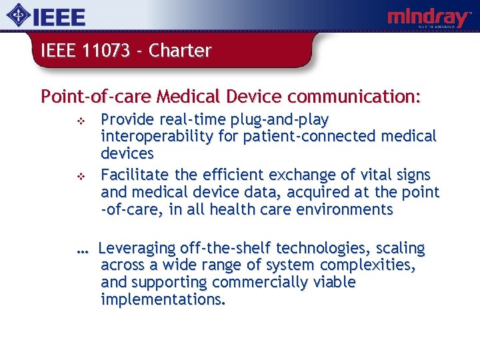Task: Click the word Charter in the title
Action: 180,51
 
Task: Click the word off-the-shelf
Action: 229,249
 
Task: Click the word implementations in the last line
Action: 163,299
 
